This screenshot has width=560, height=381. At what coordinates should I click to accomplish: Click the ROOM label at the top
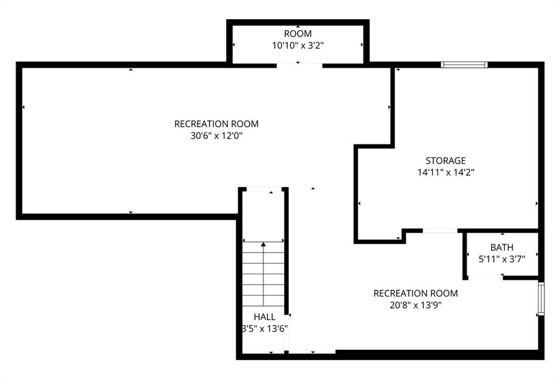point(297,33)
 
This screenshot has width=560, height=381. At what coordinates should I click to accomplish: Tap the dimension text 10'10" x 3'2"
point(298,45)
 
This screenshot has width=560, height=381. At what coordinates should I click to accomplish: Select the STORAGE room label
point(445,160)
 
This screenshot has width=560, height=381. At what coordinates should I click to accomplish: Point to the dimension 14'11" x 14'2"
point(446,172)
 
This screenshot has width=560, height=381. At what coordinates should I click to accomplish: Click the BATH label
point(502,247)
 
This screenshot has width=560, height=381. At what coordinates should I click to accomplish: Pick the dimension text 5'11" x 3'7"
point(502,259)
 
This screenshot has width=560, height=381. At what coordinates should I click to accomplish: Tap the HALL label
point(264,317)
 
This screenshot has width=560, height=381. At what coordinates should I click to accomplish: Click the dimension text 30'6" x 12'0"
point(217,136)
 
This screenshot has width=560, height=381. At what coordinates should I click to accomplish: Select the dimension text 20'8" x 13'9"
point(416,305)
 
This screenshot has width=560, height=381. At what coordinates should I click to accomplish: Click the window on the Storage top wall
point(464,65)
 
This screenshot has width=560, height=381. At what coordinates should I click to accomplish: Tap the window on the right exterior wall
point(541,298)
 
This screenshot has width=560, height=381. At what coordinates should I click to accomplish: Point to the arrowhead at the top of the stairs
point(263,244)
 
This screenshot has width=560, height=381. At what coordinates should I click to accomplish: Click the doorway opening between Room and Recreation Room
point(299,65)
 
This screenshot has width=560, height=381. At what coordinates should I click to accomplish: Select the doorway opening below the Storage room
point(440,231)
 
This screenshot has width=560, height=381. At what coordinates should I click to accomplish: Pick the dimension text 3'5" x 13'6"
point(264,329)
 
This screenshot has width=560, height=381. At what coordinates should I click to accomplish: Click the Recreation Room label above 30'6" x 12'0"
point(217,124)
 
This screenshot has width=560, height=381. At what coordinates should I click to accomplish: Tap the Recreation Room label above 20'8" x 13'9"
point(416,293)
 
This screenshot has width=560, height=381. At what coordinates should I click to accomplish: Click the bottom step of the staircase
point(263,301)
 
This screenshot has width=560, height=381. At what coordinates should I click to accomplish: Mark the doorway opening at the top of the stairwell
point(264,189)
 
